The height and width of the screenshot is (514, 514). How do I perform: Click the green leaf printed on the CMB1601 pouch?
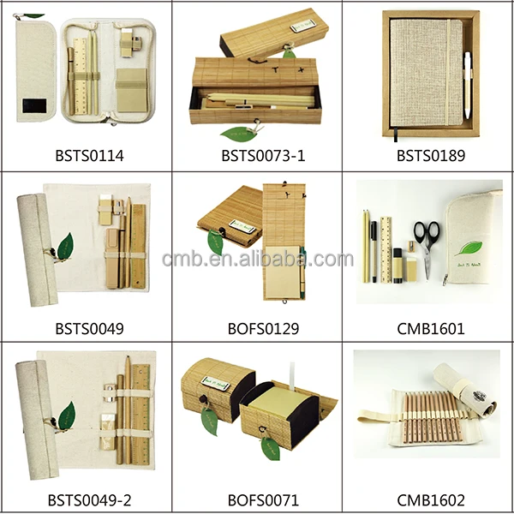click(x=468, y=249)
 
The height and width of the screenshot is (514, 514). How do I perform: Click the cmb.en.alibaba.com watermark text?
click(x=257, y=259)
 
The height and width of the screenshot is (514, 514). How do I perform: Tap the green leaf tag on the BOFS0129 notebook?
click(x=214, y=242)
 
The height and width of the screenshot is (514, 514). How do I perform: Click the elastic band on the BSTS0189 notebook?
click(x=454, y=73)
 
